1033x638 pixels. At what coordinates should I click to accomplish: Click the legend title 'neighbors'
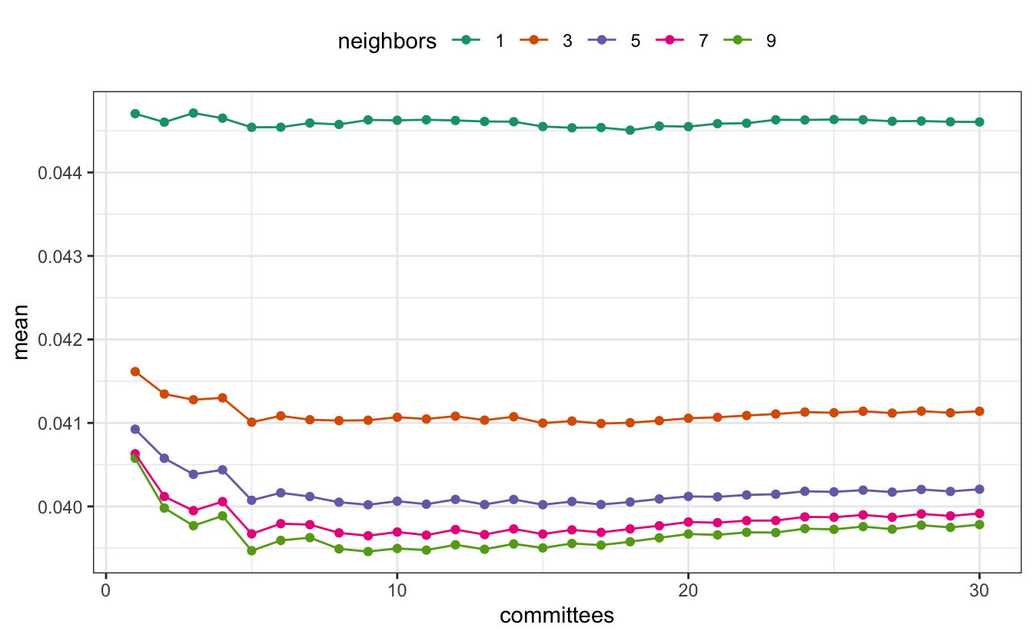coord(387,42)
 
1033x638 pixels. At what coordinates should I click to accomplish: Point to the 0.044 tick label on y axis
coord(61,173)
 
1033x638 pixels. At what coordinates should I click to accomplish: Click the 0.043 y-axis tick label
coord(61,256)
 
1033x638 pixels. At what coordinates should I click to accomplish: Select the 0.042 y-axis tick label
coord(61,340)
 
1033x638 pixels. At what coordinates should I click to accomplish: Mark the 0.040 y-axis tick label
coord(61,507)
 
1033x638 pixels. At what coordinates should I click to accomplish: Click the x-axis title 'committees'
coord(556,616)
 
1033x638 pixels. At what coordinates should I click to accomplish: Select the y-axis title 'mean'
coord(22,331)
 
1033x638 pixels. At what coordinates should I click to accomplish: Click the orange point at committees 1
coord(135,371)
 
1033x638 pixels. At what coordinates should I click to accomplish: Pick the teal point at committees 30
coord(979,121)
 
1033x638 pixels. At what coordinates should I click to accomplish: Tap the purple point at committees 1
coord(135,429)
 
